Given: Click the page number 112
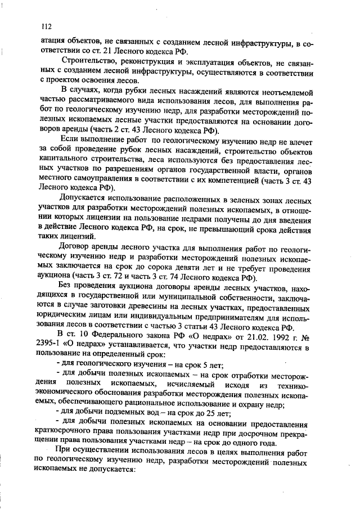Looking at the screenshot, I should tap(46, 26).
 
